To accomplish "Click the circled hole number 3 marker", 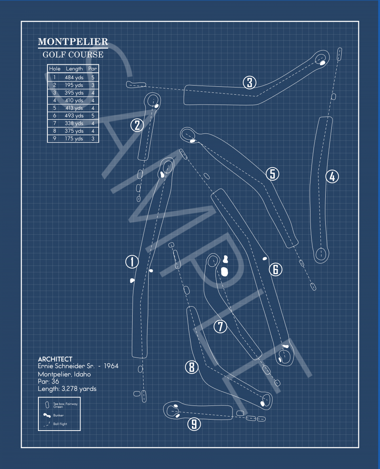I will click(x=250, y=83).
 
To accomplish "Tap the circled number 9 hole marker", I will click(x=194, y=424).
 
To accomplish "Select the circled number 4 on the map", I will click(x=332, y=176).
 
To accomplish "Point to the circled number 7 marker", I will click(x=220, y=326).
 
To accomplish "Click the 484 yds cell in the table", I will click(x=74, y=78).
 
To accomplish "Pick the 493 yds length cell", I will click(x=74, y=116).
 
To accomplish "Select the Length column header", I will click(x=74, y=69).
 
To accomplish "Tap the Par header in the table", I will click(x=92, y=69).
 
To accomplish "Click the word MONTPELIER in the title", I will click(x=73, y=42).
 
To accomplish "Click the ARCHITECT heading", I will click(x=55, y=359).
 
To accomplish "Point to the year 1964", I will click(x=111, y=366).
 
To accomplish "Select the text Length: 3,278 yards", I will click(x=67, y=389).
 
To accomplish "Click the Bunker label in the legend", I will click(x=59, y=415).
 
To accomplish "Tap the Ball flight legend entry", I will click(x=60, y=424).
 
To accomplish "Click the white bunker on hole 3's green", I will click(x=323, y=63).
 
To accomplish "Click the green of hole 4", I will click(x=321, y=254).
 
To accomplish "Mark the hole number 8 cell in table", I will click(x=54, y=131).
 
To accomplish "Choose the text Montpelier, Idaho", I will click(x=64, y=374).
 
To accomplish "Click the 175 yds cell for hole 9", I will click(x=74, y=138).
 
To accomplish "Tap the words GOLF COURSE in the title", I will click(x=73, y=54).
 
